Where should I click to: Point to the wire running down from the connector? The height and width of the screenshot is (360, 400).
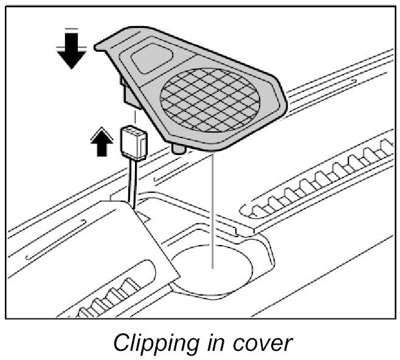(x=131, y=180)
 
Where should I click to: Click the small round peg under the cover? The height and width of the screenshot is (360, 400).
(x=178, y=148)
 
